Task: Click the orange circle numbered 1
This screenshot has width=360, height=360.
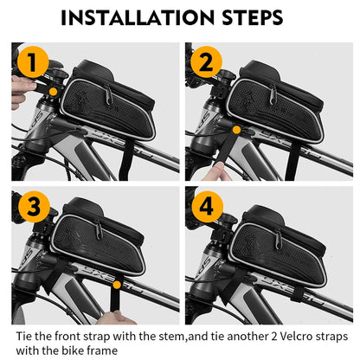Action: point(31,63)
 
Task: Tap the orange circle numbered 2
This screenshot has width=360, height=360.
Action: point(206,63)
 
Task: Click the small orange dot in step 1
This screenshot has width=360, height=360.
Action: point(54,90)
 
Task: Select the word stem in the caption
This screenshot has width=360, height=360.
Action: point(177,334)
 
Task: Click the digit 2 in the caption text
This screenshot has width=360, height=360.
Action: point(272,334)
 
